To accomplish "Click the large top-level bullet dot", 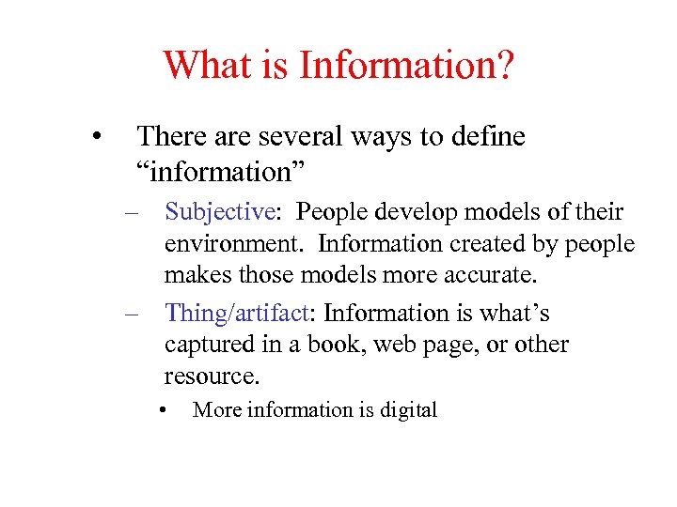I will tap(98, 138).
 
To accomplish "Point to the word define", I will tap(486, 137).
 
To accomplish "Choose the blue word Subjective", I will tap(218, 212).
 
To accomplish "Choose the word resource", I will tap(211, 376).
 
